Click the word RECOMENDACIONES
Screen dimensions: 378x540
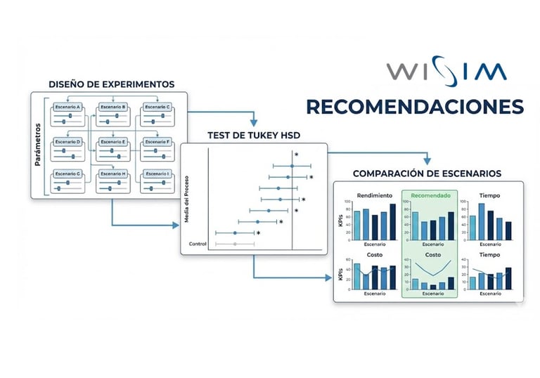[415, 107]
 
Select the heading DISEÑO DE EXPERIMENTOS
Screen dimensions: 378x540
[112, 84]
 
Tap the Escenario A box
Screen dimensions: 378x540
[69, 107]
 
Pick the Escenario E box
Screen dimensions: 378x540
[112, 141]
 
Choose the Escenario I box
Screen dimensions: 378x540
[156, 174]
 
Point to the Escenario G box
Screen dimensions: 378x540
[69, 174]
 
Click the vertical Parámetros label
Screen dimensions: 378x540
[38, 145]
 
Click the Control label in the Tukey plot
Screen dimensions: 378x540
[198, 244]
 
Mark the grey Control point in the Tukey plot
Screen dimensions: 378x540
[235, 244]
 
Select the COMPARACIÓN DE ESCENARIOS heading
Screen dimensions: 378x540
[426, 173]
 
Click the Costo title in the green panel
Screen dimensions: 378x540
[430, 254]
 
